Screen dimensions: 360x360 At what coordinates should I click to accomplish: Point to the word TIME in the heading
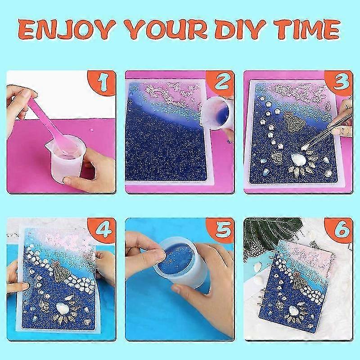[308, 30]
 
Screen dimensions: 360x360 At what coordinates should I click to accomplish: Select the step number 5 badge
[221, 229]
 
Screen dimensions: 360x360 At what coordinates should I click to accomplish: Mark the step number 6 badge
[340, 229]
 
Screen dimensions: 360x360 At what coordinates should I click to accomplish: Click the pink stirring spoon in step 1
[51, 124]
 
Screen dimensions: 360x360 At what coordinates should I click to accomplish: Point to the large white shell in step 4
[61, 307]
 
